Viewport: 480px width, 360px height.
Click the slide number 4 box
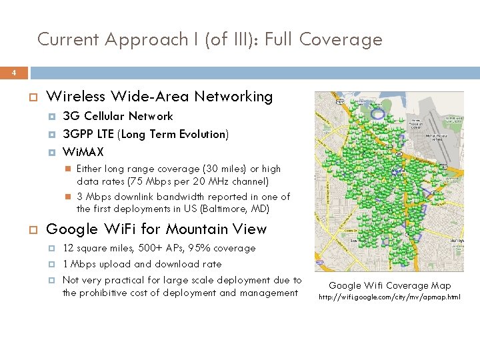click(x=14, y=73)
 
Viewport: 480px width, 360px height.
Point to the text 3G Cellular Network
click(x=117, y=116)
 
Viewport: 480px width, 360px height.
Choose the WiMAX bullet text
click(x=83, y=152)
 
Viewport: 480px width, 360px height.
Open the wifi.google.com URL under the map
click(x=389, y=297)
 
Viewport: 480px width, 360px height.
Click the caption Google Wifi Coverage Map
click(x=390, y=285)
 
